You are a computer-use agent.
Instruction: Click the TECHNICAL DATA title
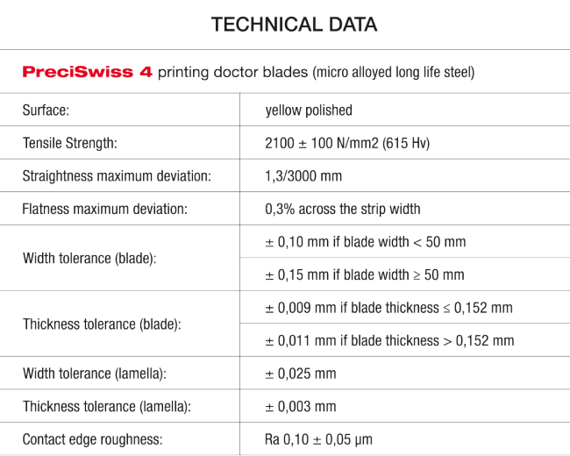[x=294, y=25]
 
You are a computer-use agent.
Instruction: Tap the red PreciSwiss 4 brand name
[x=87, y=72]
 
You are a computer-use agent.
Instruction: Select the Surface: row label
[x=46, y=110]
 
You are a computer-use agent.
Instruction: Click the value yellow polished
[x=309, y=110]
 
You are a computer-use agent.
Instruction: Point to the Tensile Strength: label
[x=70, y=143]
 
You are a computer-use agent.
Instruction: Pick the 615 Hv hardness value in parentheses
[x=406, y=143]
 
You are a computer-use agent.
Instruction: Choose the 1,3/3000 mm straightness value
[x=303, y=176]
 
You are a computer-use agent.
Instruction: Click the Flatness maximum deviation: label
[x=104, y=209]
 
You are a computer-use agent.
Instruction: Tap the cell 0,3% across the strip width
[x=343, y=209]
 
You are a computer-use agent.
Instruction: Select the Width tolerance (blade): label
[x=89, y=258]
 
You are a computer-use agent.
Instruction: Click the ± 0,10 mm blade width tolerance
[x=366, y=242]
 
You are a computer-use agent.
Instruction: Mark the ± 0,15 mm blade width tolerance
[x=365, y=274]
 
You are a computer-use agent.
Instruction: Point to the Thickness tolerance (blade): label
[x=102, y=324]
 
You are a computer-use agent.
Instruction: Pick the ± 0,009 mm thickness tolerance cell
[x=389, y=308]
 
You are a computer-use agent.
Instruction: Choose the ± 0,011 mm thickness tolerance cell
[x=389, y=341]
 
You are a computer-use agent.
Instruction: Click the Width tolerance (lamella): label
[x=95, y=374]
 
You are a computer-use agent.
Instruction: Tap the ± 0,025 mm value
[x=301, y=374]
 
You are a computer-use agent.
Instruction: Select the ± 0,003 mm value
[x=301, y=407]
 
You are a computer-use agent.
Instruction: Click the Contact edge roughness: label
[x=92, y=439]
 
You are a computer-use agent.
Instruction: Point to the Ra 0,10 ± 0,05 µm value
[x=318, y=439]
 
